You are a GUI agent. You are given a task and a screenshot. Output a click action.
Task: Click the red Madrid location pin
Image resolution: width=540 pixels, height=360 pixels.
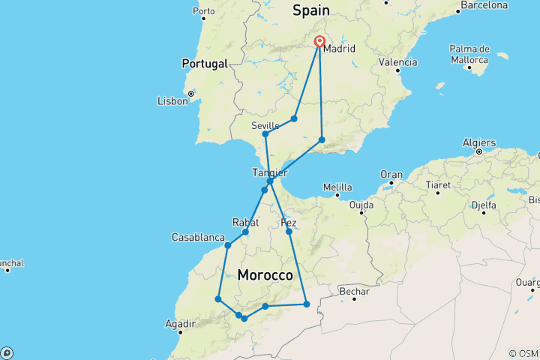[320, 43]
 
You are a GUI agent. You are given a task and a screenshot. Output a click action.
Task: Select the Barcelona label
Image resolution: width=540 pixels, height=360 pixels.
[483, 5]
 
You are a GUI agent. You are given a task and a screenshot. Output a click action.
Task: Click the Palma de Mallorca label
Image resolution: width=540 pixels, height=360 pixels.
[471, 53]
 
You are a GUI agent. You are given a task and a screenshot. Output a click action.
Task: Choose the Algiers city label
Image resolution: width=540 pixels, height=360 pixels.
[480, 142]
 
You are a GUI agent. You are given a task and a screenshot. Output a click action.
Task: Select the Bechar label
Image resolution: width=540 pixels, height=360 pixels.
[355, 291]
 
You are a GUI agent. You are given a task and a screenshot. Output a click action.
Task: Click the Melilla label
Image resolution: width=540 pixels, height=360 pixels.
[337, 187]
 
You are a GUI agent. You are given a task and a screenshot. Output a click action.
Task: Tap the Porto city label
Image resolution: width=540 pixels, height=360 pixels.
[203, 11]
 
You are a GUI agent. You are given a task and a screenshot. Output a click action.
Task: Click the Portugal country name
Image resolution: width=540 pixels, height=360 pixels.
[203, 64]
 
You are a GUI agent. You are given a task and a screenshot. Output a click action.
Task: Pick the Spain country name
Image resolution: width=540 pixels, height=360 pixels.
[310, 10]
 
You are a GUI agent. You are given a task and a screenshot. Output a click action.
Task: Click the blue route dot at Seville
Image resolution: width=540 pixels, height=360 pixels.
[265, 134]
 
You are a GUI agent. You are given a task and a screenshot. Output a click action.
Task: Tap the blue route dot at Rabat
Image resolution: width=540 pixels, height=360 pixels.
[245, 232]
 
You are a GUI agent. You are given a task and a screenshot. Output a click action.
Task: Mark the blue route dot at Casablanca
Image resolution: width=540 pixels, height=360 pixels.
[227, 245]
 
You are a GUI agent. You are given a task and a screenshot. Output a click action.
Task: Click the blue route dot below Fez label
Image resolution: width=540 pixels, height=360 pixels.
[289, 232]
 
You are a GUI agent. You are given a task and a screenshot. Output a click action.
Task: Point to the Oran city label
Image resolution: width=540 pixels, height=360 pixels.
[391, 175]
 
